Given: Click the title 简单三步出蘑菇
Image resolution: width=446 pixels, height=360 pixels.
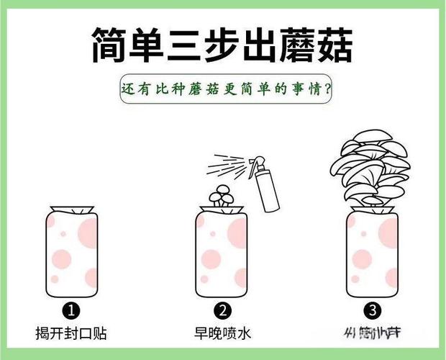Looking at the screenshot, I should (x=222, y=45).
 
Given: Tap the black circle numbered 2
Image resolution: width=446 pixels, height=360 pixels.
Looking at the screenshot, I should (x=223, y=311).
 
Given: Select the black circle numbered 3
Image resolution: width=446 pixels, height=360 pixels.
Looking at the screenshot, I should (x=372, y=311).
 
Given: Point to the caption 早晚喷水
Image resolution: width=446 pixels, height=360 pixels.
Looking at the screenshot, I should (x=223, y=334).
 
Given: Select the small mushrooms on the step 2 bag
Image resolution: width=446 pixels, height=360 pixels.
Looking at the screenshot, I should (x=222, y=196).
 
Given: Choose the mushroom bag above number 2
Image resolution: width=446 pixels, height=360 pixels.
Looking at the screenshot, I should (x=222, y=256).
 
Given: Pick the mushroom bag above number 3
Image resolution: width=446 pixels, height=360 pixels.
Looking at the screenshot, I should (x=372, y=256).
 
